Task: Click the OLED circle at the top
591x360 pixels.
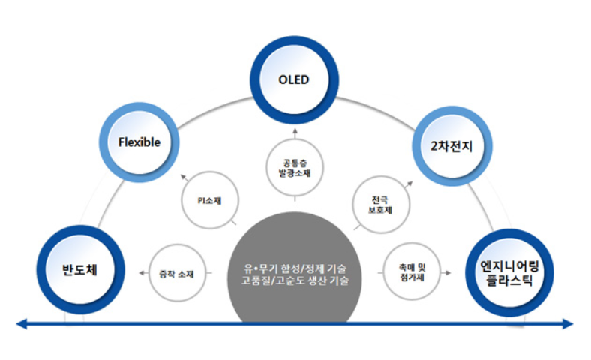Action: coord(295,79)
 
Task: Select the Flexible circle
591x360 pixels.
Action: coord(139,142)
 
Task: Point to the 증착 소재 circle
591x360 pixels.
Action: coord(176,274)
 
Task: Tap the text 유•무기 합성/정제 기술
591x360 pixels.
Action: coord(295,267)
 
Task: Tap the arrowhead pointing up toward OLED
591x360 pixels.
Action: coord(295,130)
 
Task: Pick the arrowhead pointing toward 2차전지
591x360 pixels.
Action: coord(410,181)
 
